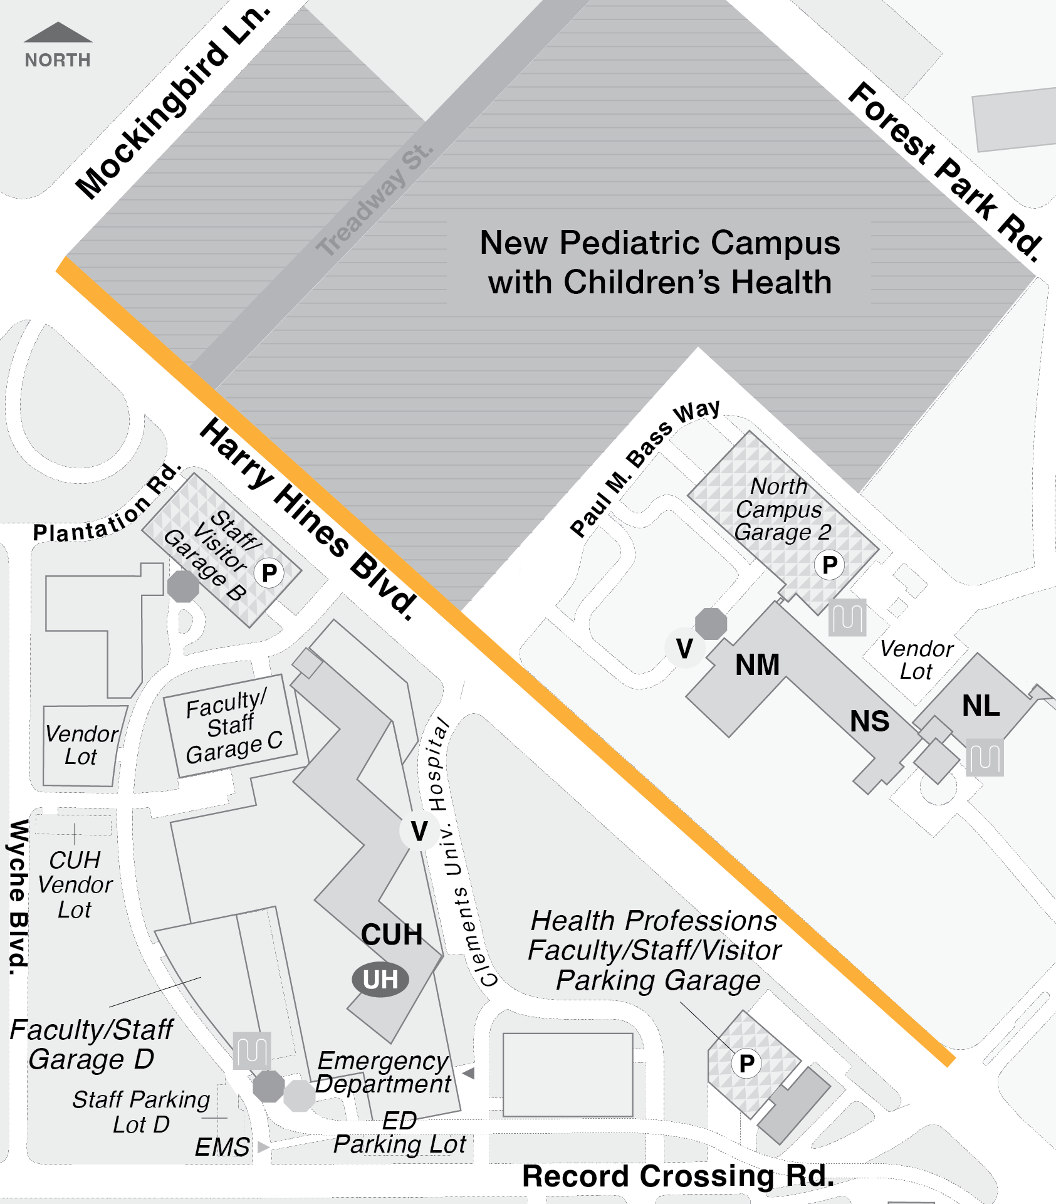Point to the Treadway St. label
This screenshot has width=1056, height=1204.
tap(374, 200)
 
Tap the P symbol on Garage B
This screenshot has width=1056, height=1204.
tap(269, 573)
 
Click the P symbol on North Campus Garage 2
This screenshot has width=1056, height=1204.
tap(829, 565)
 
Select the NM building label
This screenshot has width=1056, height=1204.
tap(757, 665)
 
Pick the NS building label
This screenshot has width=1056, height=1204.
tap(869, 721)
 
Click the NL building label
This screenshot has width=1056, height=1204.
tap(981, 706)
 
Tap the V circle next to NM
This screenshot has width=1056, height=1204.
tap(684, 649)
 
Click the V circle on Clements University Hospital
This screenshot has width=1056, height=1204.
tap(419, 832)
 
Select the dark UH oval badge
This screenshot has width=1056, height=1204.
tap(380, 980)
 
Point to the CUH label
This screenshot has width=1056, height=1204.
tap(392, 934)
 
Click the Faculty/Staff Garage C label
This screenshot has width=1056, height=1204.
tap(233, 727)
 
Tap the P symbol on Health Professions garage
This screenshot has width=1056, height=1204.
tap(746, 1064)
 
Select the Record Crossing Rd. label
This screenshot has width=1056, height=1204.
tap(677, 1176)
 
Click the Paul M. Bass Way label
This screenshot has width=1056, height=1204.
tap(645, 468)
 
